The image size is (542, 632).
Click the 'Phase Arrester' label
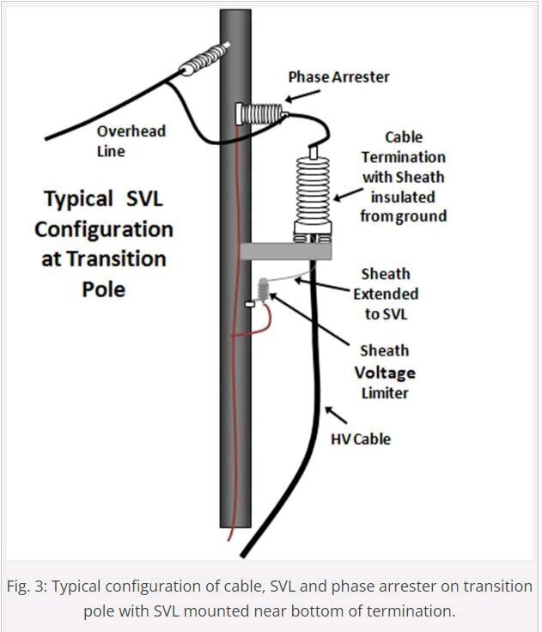tap(338, 77)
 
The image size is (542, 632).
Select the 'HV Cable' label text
tap(361, 439)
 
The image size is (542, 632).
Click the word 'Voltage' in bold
tap(385, 373)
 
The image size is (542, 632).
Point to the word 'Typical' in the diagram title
tap(78, 199)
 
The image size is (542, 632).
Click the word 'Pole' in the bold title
tap(104, 289)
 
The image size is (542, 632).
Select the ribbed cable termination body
tap(312, 189)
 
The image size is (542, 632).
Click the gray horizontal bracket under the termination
tap(284, 251)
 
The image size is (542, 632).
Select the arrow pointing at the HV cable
tap(337, 416)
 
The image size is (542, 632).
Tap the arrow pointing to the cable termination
tap(344, 197)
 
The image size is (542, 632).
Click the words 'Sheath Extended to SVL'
tap(385, 294)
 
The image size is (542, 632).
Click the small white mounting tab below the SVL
tap(250, 303)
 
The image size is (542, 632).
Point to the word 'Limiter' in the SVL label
tap(384, 392)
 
